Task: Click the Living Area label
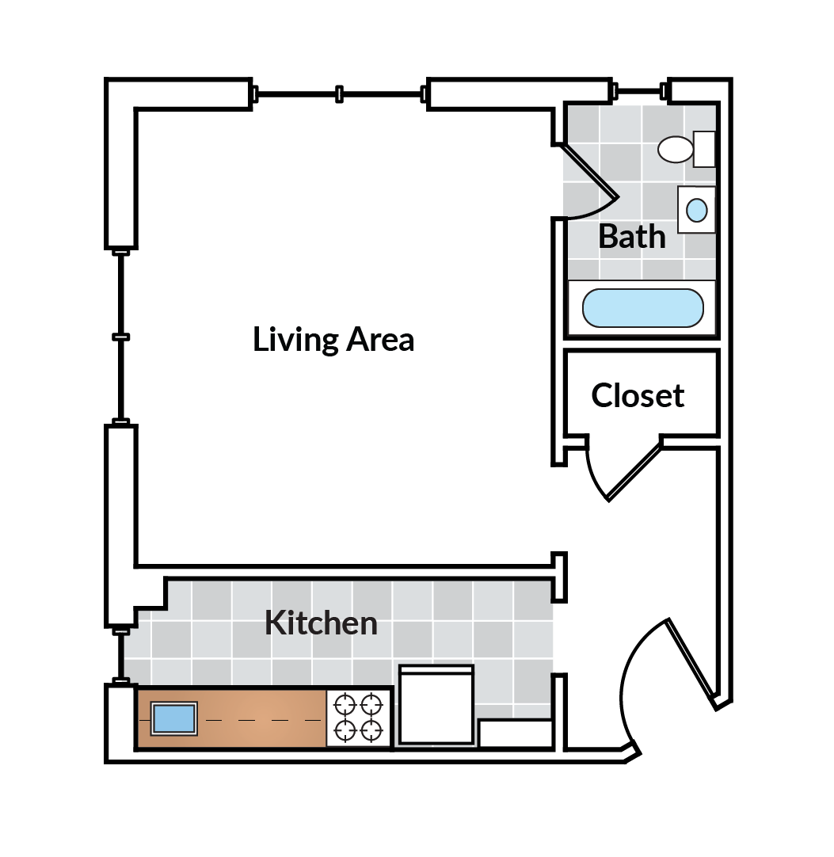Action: tap(333, 340)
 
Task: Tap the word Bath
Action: tap(631, 236)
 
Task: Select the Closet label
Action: tap(638, 395)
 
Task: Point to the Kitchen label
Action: tap(321, 623)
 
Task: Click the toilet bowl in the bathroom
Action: tap(676, 149)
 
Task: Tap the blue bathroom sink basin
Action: tap(696, 210)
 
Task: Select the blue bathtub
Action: tap(642, 308)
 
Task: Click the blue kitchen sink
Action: tap(173, 718)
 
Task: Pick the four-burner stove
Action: tap(359, 718)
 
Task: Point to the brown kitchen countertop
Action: tap(261, 718)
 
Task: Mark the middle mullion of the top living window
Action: tap(339, 94)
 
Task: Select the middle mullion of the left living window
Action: tap(120, 337)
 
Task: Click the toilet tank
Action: tap(704, 149)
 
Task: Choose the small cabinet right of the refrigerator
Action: tap(515, 733)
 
